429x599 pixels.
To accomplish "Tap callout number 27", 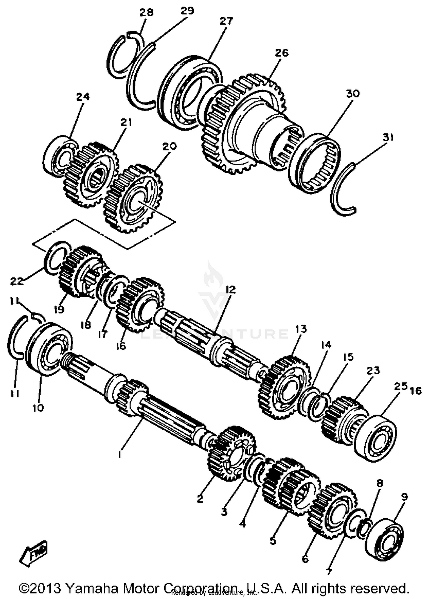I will tap(226, 21).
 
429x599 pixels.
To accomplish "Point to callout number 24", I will tap(83, 97).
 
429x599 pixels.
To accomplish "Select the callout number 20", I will tap(170, 146).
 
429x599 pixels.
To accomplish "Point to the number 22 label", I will tap(17, 281).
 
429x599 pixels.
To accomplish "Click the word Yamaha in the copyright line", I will tap(91, 588).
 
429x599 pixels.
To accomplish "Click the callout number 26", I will tap(282, 53).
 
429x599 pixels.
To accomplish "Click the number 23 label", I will tap(373, 370).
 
